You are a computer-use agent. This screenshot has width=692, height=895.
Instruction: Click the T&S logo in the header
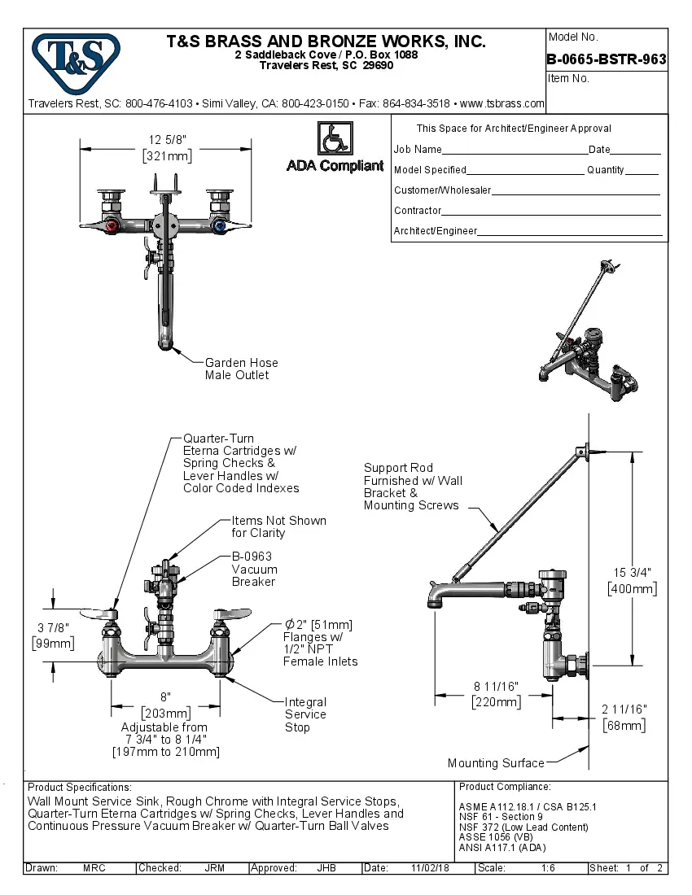click(76, 55)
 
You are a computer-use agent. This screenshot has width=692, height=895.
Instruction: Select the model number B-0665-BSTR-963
click(607, 59)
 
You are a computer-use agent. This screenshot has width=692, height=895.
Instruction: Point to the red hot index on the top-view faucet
click(113, 225)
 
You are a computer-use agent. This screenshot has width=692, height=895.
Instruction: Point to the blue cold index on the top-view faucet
click(218, 225)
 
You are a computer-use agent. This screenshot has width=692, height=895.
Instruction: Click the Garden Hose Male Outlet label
click(241, 369)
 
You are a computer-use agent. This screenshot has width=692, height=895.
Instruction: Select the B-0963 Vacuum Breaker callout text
click(254, 570)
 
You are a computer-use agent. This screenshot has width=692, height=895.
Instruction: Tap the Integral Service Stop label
click(305, 714)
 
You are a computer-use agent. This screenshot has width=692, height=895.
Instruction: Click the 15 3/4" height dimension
click(632, 579)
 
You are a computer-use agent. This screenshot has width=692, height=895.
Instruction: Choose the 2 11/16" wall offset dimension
click(625, 717)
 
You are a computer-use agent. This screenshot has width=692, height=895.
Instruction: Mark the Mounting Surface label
click(495, 763)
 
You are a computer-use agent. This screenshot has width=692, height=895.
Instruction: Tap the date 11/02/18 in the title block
click(432, 868)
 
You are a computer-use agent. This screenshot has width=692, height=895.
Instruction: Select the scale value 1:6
click(548, 868)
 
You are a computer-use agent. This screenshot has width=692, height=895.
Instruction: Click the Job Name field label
click(418, 150)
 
